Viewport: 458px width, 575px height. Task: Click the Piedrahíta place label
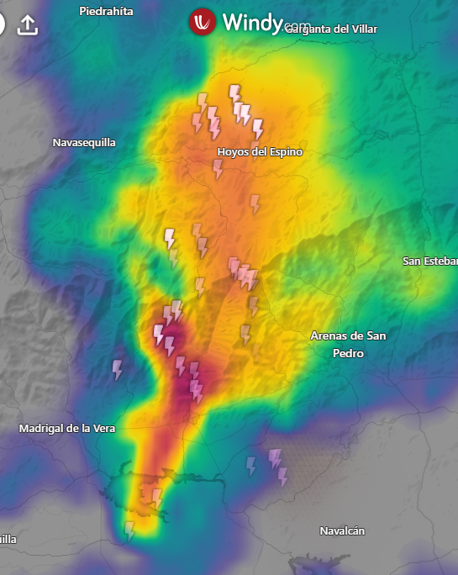click(x=106, y=11)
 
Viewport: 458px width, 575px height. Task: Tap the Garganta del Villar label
click(x=331, y=29)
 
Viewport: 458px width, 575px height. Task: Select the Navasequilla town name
click(x=84, y=143)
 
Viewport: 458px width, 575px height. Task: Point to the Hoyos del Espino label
click(x=260, y=152)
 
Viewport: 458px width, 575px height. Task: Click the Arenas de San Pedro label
click(x=348, y=345)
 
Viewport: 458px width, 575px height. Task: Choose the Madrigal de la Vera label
click(x=67, y=429)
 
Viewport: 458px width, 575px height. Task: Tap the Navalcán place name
click(x=342, y=530)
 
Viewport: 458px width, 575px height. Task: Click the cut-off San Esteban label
click(x=429, y=261)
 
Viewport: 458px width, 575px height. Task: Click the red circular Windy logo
click(x=203, y=22)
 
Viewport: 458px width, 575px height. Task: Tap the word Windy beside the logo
click(x=251, y=23)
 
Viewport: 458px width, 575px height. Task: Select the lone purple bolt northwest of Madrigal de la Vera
click(x=118, y=369)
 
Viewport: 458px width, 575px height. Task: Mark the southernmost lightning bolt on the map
click(x=129, y=530)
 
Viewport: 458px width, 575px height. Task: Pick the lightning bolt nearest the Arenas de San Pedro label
click(x=246, y=334)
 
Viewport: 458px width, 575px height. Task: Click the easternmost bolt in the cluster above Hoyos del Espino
click(x=258, y=129)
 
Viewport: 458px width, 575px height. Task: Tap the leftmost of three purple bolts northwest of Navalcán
click(x=250, y=465)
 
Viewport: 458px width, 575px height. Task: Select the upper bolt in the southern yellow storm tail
click(x=156, y=498)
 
